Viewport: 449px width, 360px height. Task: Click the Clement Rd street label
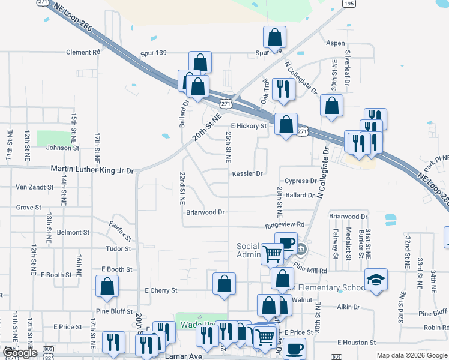[83, 52]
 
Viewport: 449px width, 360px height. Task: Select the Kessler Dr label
[247, 174]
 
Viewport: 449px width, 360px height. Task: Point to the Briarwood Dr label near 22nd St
[205, 212]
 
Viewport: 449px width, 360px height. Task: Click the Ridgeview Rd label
[286, 225]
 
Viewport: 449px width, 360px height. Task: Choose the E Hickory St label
[247, 126]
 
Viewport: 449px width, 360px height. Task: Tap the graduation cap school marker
[376, 279]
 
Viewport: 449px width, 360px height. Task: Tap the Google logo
[20, 353]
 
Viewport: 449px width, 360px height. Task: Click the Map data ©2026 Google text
[412, 355]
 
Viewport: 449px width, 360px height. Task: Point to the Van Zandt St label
[34, 187]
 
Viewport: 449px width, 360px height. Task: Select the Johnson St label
[59, 148]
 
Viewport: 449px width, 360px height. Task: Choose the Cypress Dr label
[300, 181]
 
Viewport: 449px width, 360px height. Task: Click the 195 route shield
[349, 3]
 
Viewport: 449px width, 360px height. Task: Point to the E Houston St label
[357, 342]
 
